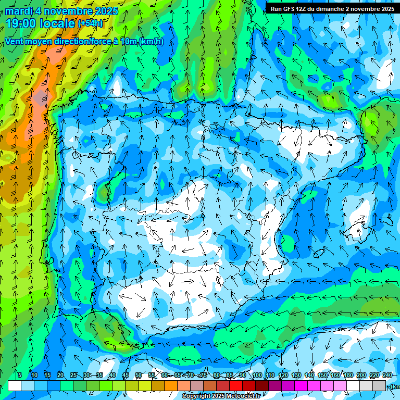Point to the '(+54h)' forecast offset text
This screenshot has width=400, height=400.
(90, 23)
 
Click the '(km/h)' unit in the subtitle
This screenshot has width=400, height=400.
(152, 42)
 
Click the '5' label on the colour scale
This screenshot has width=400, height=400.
(20, 375)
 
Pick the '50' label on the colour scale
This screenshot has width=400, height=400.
(139, 375)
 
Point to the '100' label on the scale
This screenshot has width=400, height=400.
(257, 375)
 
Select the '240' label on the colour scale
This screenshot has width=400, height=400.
(387, 375)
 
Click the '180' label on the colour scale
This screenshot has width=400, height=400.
(348, 375)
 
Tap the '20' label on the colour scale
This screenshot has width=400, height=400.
(60, 375)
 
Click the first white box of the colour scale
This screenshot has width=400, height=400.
(15, 385)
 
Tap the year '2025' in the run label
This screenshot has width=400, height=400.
(385, 9)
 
